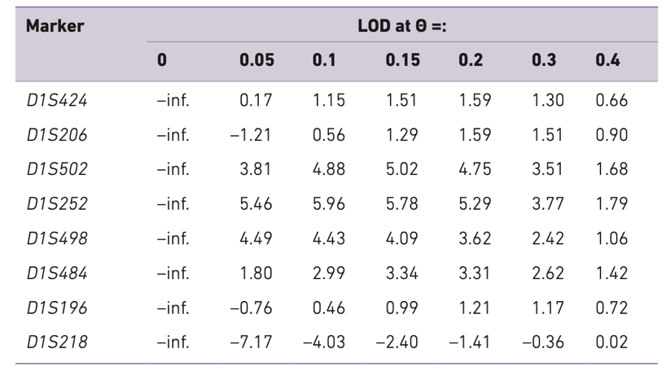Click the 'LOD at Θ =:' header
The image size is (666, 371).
coord(405,27)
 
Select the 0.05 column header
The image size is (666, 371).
coord(256,60)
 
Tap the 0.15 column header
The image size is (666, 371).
coord(401,60)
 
